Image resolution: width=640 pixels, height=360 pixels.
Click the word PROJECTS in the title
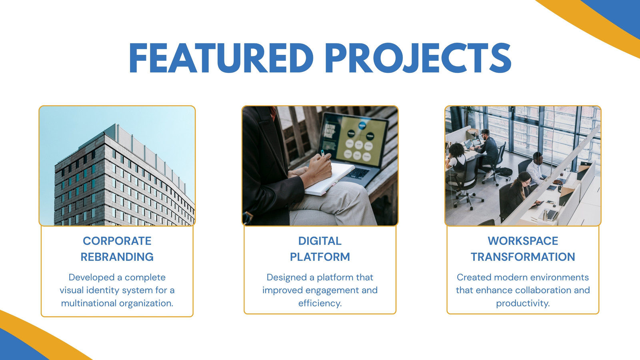418,58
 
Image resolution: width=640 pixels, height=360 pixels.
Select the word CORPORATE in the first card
117,241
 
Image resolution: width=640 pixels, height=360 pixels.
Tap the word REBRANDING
117,257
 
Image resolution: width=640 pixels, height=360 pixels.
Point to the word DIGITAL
320,241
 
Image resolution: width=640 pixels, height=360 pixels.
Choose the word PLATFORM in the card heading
320,257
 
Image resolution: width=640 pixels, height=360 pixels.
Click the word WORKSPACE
523,241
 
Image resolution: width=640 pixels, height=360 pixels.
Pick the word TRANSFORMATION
523,257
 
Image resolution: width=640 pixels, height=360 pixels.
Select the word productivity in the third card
522,303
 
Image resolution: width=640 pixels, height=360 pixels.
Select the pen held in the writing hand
323,153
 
